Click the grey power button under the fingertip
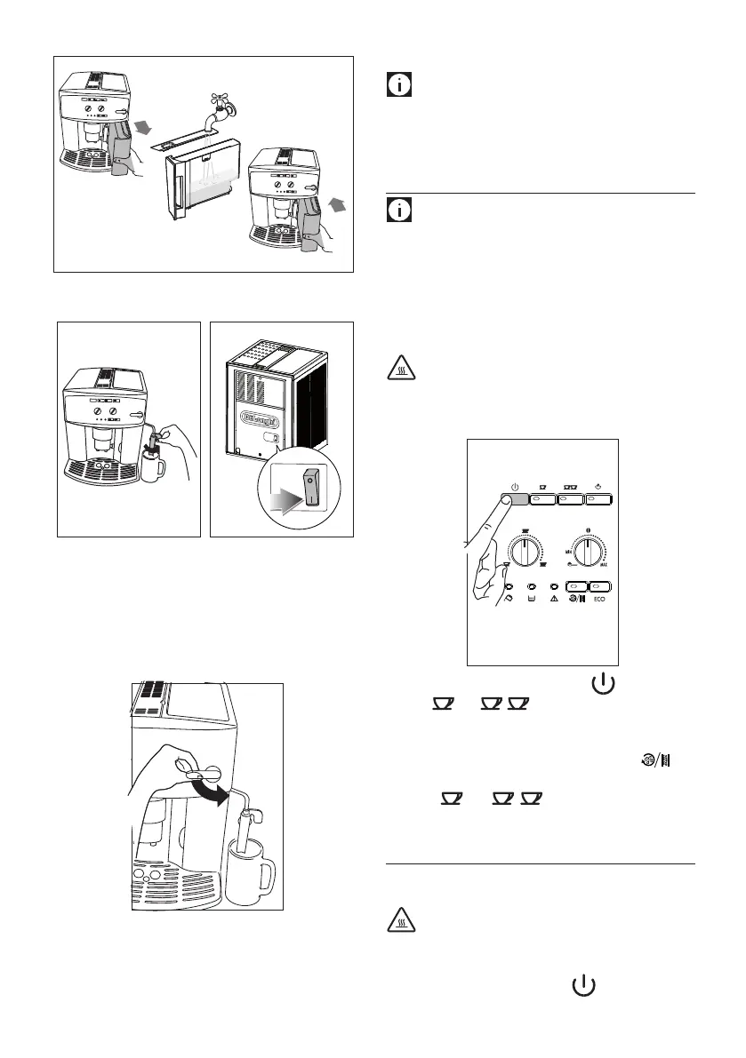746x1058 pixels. [515, 500]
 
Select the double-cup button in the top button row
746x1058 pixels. [570, 500]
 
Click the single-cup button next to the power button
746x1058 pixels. [542, 500]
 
